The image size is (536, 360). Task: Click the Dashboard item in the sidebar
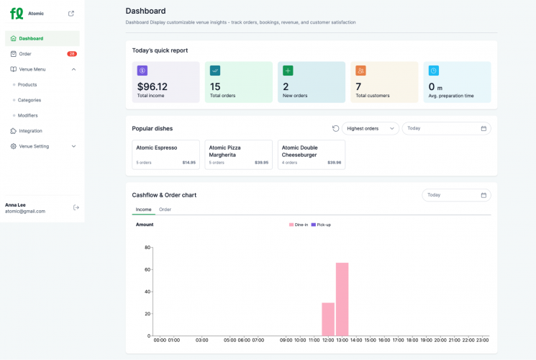(x=31, y=38)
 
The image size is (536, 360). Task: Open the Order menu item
(x=25, y=54)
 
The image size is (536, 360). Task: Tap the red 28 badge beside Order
(x=72, y=54)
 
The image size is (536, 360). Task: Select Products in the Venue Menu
(x=27, y=85)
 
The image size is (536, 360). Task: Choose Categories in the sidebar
(x=29, y=100)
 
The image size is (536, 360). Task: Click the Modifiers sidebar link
(x=28, y=115)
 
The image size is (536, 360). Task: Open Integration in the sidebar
(x=31, y=131)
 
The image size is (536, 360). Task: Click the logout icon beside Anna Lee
(x=76, y=207)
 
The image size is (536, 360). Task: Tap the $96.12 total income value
(x=152, y=86)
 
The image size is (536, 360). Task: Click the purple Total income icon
(x=142, y=71)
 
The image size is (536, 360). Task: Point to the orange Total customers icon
(x=360, y=71)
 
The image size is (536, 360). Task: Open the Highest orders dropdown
(x=371, y=128)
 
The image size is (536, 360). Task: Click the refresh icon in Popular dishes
(x=335, y=128)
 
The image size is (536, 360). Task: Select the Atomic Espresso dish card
(x=165, y=154)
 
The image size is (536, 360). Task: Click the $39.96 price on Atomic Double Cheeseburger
(x=334, y=163)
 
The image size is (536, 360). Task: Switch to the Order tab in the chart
(x=165, y=210)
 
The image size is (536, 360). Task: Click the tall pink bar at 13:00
(x=342, y=299)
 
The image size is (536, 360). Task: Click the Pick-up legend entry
(x=321, y=225)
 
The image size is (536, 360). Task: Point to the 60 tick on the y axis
(x=147, y=269)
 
